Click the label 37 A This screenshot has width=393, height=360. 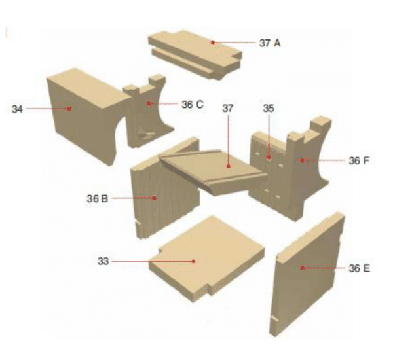coord(270,43)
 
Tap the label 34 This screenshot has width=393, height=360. coord(17,109)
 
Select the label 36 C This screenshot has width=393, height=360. coord(193,105)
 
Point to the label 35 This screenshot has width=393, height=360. coord(269,108)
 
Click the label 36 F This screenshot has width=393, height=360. coord(359,160)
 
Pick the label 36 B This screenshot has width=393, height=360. coord(97,199)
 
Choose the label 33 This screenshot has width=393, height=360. coord(103,261)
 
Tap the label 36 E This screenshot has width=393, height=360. coord(359,268)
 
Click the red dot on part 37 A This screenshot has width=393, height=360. coord(213,43)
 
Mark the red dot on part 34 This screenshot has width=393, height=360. coord(69,109)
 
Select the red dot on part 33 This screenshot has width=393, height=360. coord(193,261)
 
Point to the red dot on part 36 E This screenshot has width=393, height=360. coord(303,268)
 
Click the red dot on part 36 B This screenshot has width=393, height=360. coord(155,198)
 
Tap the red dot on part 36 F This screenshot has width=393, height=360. coord(302,160)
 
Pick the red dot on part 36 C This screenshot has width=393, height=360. coord(149,103)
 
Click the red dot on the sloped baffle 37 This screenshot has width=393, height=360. coord(229,166)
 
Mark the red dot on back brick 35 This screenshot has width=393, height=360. coord(269,157)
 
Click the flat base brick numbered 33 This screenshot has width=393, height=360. coord(207,259)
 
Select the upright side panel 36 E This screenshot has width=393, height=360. coord(307,274)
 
